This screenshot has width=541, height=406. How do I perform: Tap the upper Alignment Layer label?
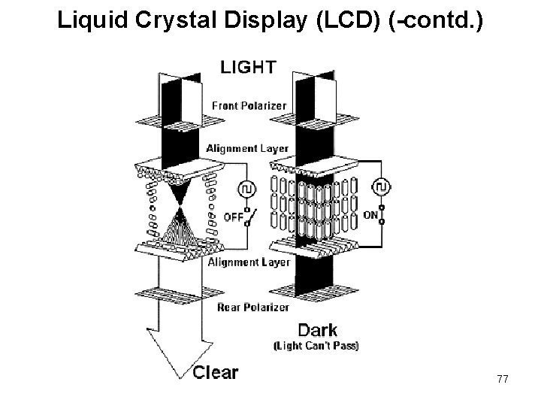[246, 148]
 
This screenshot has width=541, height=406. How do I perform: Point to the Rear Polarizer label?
[252, 307]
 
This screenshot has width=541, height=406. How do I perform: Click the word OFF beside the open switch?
[233, 217]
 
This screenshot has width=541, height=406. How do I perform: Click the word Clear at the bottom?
[216, 371]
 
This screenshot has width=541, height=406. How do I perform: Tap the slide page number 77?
[502, 380]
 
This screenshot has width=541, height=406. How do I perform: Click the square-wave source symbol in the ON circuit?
[384, 185]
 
